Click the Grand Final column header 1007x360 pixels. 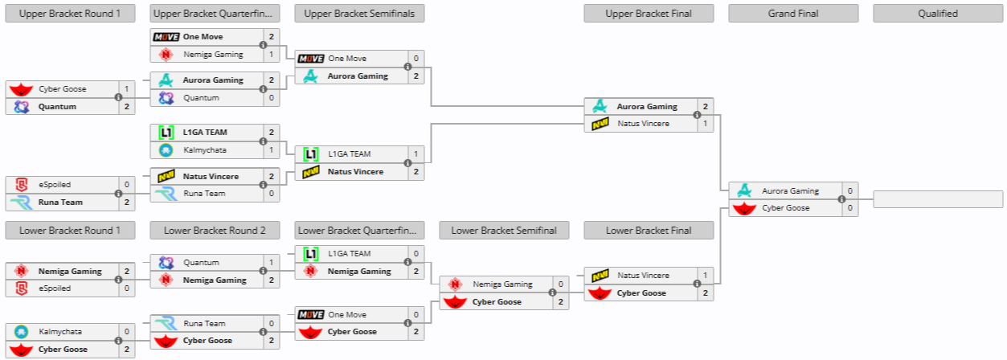(793, 13)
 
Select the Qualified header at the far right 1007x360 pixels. (938, 13)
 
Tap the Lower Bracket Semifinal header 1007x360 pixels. (504, 231)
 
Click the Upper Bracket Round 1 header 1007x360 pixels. (70, 13)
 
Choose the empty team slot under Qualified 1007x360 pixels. (938, 199)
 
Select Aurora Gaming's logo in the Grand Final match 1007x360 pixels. (745, 191)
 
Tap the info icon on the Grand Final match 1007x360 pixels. (841, 199)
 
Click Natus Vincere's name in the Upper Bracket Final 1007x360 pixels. (643, 124)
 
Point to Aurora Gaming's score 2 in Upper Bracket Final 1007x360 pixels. (705, 107)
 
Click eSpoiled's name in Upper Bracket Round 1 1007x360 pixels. (55, 184)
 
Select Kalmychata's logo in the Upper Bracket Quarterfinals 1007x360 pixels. (166, 150)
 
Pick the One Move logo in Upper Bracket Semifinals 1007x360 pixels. (310, 59)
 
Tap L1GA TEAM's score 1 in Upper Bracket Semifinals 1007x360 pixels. (415, 153)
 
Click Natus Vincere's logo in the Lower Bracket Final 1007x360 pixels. (600, 276)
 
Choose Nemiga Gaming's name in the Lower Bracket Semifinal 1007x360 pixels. (502, 284)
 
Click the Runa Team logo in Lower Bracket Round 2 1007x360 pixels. (166, 323)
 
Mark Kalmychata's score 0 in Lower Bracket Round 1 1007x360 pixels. (126, 331)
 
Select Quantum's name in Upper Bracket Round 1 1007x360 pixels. (57, 107)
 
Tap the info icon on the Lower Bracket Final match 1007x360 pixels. (697, 284)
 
